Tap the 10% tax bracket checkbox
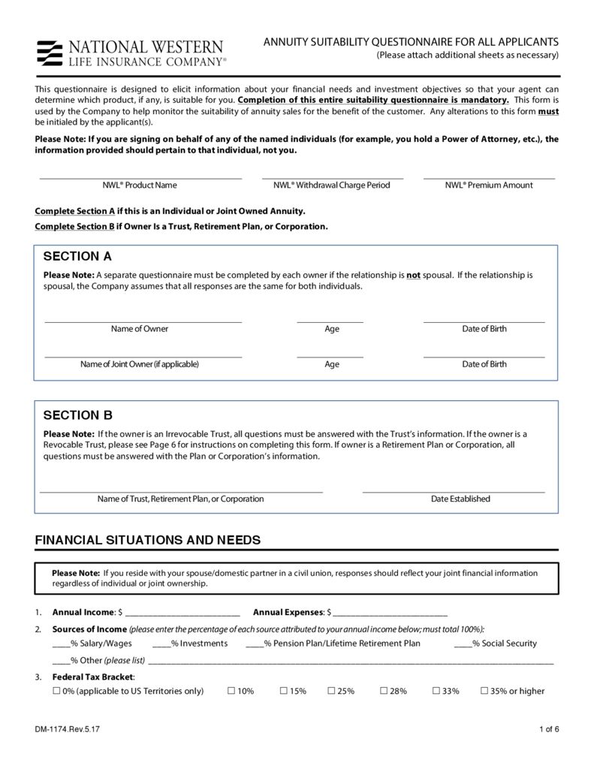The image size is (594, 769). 231,691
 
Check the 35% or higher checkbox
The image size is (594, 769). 484,691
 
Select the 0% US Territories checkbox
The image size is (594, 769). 56,691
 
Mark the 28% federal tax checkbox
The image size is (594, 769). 384,691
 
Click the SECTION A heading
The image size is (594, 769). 77,256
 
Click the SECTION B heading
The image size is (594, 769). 77,415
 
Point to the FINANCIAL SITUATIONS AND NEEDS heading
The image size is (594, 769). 148,540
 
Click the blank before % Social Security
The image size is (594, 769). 463,644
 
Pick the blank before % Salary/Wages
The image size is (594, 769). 61,644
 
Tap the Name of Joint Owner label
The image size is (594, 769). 140,364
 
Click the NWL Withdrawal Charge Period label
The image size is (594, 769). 332,185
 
